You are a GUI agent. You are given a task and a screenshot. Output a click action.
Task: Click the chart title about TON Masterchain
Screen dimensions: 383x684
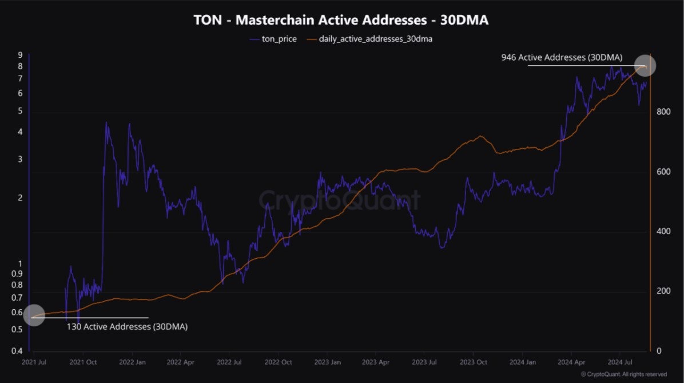point(341,21)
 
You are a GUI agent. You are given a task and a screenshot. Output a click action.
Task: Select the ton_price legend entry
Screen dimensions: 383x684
point(274,40)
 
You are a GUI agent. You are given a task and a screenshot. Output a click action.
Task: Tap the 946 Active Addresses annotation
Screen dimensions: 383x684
point(562,57)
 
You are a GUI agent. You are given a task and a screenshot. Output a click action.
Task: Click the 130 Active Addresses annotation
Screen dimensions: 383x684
point(127,327)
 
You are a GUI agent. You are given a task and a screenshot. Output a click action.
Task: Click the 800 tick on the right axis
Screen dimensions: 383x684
point(662,112)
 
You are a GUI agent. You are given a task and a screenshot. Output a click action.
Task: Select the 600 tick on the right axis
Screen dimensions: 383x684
point(662,172)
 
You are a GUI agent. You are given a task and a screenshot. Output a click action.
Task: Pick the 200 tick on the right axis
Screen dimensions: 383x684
point(662,291)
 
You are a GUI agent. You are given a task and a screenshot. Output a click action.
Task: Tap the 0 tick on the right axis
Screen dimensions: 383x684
point(658,351)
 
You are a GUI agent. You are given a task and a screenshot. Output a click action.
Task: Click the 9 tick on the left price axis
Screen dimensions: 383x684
point(20,55)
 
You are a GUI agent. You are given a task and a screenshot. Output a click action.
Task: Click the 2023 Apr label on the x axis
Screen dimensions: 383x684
point(376,362)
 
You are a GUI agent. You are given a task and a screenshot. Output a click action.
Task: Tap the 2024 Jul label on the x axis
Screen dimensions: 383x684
point(619,362)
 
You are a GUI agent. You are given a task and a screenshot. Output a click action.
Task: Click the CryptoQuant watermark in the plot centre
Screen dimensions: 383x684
point(340,200)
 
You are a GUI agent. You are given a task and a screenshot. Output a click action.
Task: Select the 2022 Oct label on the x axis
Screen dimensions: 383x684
point(279,362)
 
